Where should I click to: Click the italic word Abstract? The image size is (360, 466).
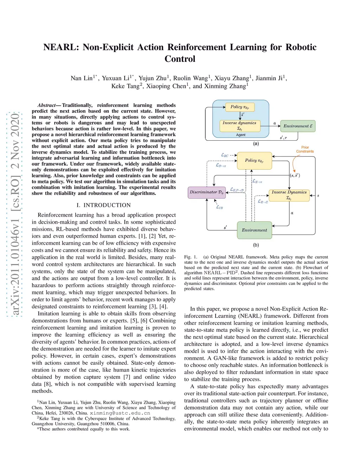[x=46, y=105]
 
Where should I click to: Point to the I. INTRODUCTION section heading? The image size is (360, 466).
[x=104, y=205]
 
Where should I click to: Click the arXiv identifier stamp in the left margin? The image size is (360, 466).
[x=15, y=215]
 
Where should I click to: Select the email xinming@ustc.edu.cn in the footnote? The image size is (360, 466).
[x=120, y=413]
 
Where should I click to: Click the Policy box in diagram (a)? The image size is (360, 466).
[x=240, y=107]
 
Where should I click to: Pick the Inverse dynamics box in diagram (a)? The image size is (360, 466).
[x=239, y=126]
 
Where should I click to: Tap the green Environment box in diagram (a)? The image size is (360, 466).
[x=298, y=126]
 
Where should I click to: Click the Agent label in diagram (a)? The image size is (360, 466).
[x=241, y=135]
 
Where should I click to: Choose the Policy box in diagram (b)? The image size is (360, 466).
[x=254, y=161]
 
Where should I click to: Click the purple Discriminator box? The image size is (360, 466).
[x=206, y=192]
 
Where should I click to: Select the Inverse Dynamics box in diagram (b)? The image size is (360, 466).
[x=289, y=195]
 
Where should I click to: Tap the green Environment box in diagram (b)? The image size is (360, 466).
[x=254, y=230]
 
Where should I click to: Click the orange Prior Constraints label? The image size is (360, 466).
[x=305, y=149]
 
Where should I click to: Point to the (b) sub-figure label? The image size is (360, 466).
[x=256, y=245]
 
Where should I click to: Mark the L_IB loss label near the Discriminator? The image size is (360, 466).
[x=219, y=207]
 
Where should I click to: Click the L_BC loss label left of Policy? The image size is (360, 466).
[x=225, y=155]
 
